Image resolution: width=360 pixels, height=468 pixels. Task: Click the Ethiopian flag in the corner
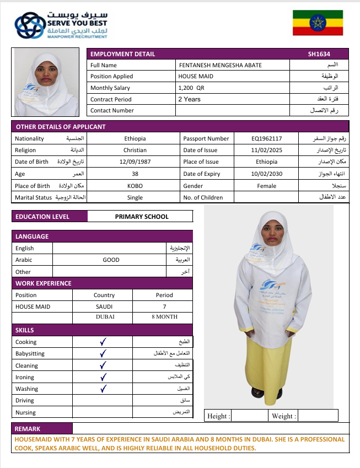318,23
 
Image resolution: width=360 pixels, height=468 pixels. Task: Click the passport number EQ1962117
266,138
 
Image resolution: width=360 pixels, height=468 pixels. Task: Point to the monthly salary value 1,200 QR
191,88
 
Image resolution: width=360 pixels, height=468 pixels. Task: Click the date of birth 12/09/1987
135,162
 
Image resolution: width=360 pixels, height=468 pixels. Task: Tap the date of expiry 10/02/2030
266,174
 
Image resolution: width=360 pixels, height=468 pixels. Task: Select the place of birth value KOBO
135,186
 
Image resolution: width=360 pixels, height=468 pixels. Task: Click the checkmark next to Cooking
103,342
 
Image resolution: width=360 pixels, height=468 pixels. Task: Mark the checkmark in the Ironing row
103,377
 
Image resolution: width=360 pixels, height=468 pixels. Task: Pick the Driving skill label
25,401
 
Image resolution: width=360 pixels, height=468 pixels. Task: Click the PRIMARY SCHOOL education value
142,217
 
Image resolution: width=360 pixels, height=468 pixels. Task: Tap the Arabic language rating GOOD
111,260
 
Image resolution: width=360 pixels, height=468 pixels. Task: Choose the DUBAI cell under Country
104,317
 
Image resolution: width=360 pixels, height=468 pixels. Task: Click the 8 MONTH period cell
164,317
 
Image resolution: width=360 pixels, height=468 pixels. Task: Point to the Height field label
218,416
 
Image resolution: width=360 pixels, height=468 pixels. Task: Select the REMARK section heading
28,428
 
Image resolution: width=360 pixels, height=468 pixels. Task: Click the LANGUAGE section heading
32,236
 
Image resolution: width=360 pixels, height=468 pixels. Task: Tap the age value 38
135,174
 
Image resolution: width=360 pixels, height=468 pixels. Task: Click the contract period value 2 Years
189,99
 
